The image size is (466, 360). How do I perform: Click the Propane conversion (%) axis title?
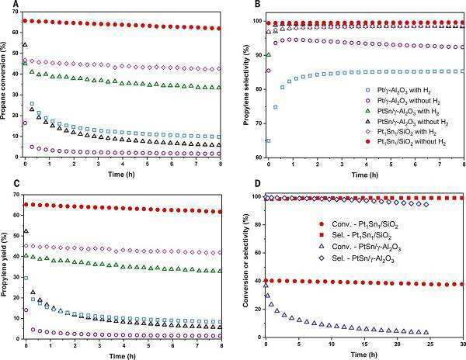point(5,85)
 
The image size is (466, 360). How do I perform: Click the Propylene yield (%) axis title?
point(5,264)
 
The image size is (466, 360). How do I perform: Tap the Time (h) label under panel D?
point(363,354)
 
